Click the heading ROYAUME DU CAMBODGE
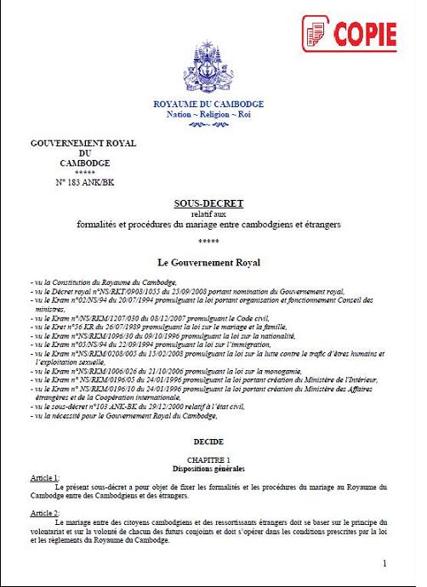tap(208, 104)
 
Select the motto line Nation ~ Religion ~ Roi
tap(208, 113)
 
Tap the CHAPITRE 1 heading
tap(208, 459)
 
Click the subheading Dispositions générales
tap(208, 469)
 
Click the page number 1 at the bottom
tap(384, 563)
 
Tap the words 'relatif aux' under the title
tap(208, 214)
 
